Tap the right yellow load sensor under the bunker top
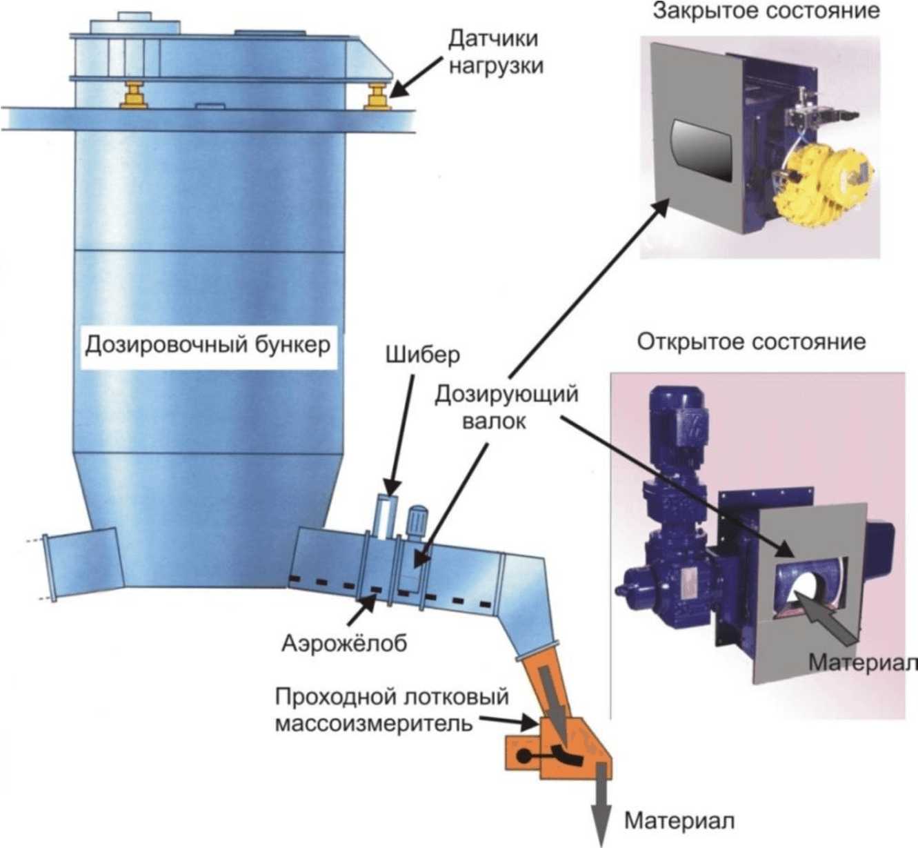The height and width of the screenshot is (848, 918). pos(378,96)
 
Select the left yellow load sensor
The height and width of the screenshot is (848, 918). pos(134,95)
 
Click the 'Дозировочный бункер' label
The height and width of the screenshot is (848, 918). pos(208,344)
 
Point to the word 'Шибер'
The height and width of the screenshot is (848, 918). pos(422,355)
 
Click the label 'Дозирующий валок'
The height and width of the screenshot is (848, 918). pos(506,407)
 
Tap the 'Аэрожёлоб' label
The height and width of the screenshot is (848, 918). pos(344,642)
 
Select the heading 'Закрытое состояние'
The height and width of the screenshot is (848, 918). pos(766,12)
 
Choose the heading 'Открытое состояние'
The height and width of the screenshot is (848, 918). pos(751,342)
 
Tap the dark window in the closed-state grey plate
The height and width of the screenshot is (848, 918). pos(701,149)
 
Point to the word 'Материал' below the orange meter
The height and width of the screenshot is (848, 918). pos(679,821)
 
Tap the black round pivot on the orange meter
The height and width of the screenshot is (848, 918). pos(524,756)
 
